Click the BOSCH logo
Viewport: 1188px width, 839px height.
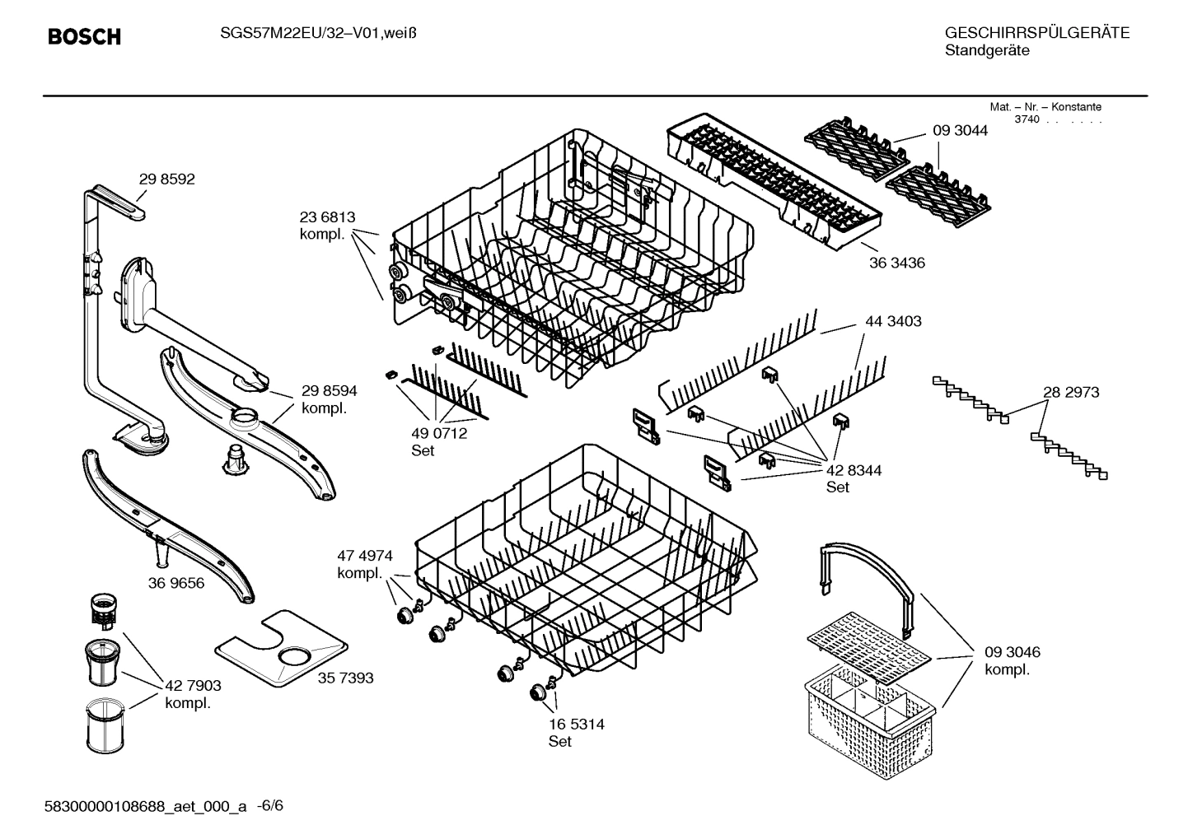coord(84,36)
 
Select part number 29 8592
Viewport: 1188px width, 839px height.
coord(166,179)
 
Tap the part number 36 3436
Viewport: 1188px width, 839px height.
coord(897,263)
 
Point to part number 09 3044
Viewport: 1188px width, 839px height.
coord(960,130)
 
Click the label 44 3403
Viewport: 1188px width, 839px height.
coord(893,321)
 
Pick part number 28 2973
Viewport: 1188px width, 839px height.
coord(1071,392)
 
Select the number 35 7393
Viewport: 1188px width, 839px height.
coord(345,678)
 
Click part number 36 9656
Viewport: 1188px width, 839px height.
coord(176,583)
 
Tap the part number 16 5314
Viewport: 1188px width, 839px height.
coord(576,725)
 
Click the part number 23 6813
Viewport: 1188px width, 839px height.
coord(327,217)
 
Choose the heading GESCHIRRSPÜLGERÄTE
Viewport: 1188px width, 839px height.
coord(1036,33)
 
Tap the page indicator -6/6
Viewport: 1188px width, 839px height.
coord(269,806)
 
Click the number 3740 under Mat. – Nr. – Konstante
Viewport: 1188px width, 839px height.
coord(1027,119)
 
